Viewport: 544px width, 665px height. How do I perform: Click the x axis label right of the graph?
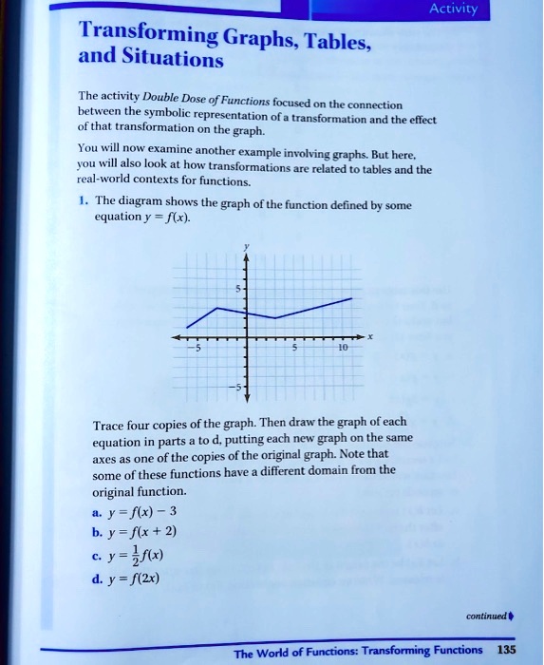[371, 336]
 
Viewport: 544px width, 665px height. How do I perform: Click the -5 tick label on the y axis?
[236, 389]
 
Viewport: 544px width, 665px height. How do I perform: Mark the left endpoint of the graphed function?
[187, 327]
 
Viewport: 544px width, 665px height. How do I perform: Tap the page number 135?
[507, 650]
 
